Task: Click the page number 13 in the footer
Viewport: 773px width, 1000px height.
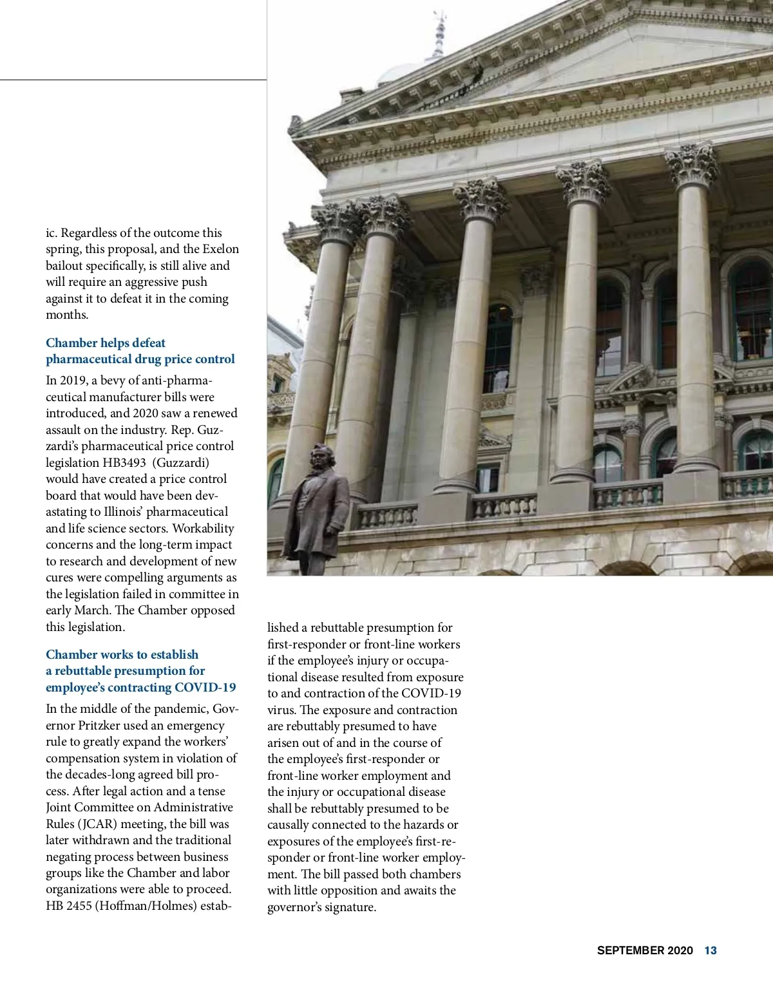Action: pos(710,950)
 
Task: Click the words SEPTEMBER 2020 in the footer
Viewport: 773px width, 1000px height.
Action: pos(645,950)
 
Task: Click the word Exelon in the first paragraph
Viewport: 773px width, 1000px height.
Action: pos(220,249)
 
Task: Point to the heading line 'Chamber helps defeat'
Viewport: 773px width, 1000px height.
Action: pos(106,343)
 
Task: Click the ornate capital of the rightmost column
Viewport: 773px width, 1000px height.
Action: pos(692,164)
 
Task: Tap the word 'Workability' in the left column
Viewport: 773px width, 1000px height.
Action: pos(203,528)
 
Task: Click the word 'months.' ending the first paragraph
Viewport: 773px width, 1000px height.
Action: pos(67,315)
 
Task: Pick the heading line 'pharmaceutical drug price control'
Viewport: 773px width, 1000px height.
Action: pos(140,359)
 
